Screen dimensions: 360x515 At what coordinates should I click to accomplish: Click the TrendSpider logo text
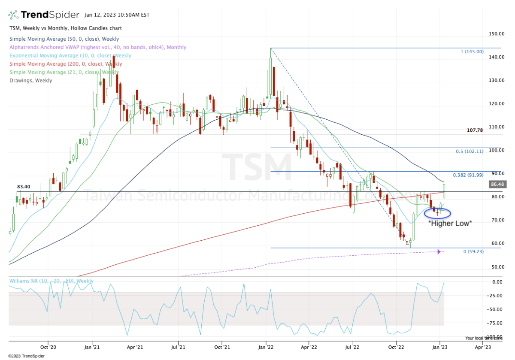pyautogui.click(x=50, y=15)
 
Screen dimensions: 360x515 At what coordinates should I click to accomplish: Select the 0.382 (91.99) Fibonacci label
pyautogui.click(x=468, y=175)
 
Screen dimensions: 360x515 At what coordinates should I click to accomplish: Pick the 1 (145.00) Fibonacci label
pyautogui.click(x=472, y=51)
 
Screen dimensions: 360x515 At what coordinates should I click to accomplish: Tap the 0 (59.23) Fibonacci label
pyautogui.click(x=473, y=251)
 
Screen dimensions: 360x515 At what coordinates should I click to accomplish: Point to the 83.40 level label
pyautogui.click(x=24, y=187)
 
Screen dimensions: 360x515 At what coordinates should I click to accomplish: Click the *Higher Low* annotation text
pyautogui.click(x=451, y=223)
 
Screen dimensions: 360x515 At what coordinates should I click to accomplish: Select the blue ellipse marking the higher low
pyautogui.click(x=437, y=212)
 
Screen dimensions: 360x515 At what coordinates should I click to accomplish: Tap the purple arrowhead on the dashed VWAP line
pyautogui.click(x=439, y=251)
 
